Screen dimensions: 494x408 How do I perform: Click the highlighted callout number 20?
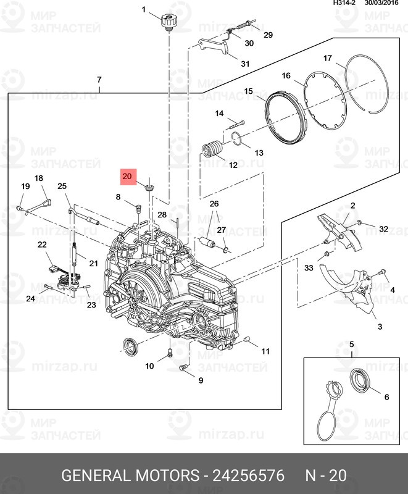click(127, 177)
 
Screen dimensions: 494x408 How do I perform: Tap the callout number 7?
click(99, 80)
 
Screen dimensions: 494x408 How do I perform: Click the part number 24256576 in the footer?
click(248, 475)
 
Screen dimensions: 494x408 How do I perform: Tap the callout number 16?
click(286, 75)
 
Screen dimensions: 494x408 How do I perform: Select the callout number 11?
click(265, 351)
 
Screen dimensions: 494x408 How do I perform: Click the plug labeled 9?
click(183, 368)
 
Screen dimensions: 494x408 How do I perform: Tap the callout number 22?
click(42, 245)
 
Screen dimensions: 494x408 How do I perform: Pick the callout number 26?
click(214, 204)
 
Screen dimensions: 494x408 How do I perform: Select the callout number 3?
click(380, 326)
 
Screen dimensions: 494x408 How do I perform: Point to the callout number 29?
click(267, 35)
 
